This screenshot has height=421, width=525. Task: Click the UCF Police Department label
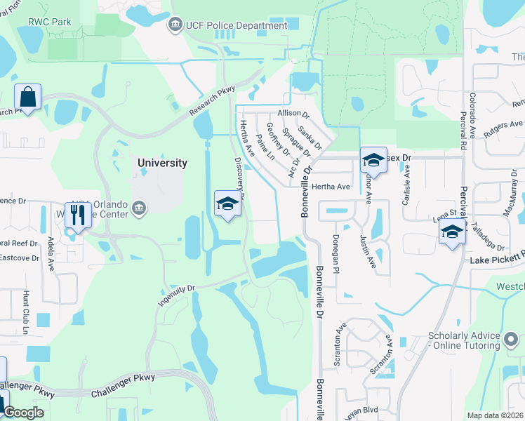point(237,26)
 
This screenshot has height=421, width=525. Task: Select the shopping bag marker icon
point(27,97)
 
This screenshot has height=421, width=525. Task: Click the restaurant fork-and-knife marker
point(78,214)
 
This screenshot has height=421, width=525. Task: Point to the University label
point(162,163)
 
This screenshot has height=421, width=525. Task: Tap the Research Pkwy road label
point(211,105)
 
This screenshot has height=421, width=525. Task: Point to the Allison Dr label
point(293,113)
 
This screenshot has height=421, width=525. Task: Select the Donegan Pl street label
point(336,254)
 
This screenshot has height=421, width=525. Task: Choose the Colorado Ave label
point(472,110)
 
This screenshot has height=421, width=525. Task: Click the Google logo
point(23,413)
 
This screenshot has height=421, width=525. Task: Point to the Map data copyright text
point(494,415)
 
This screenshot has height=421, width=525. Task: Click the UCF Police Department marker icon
point(175,26)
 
